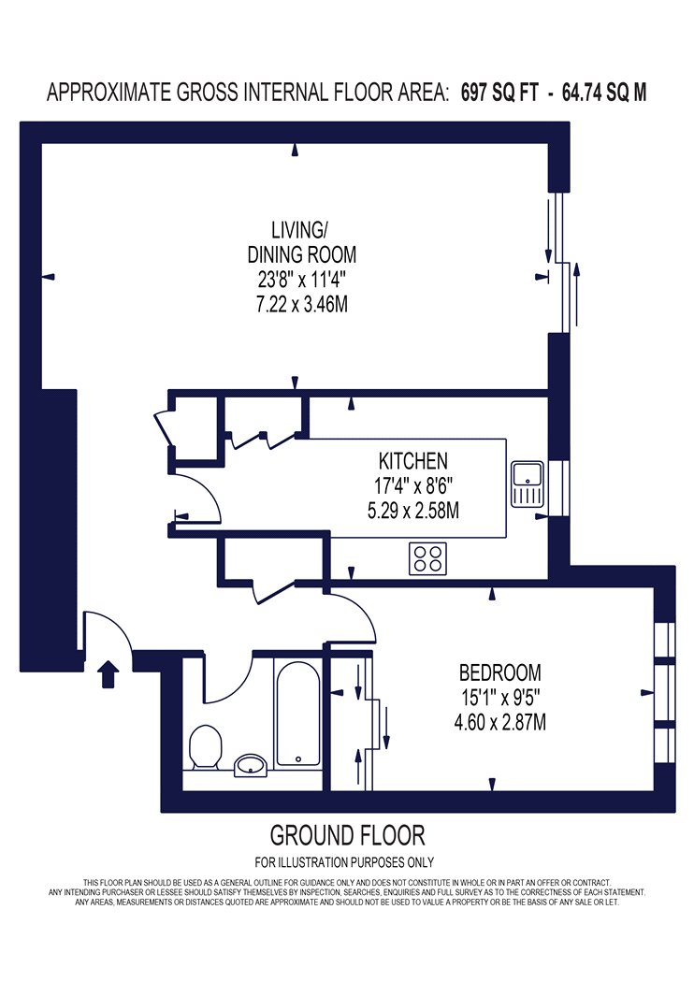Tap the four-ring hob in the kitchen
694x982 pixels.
tap(427, 558)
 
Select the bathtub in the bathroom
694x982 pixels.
tap(298, 714)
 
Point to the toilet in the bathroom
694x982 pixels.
tap(206, 747)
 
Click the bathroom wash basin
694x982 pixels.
tap(252, 765)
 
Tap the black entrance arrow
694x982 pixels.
tap(108, 674)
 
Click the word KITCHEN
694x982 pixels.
tap(412, 461)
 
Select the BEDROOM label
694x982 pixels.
tap(499, 672)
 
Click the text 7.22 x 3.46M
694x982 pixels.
tap(301, 304)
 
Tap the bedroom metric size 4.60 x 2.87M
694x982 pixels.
tap(499, 722)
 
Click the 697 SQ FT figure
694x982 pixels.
tap(499, 93)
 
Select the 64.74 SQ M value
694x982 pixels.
tap(604, 93)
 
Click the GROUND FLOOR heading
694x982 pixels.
tap(347, 835)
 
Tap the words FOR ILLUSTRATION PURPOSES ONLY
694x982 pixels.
tap(344, 862)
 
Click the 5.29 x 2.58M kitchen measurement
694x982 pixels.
tap(412, 511)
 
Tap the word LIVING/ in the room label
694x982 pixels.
tap(298, 230)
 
